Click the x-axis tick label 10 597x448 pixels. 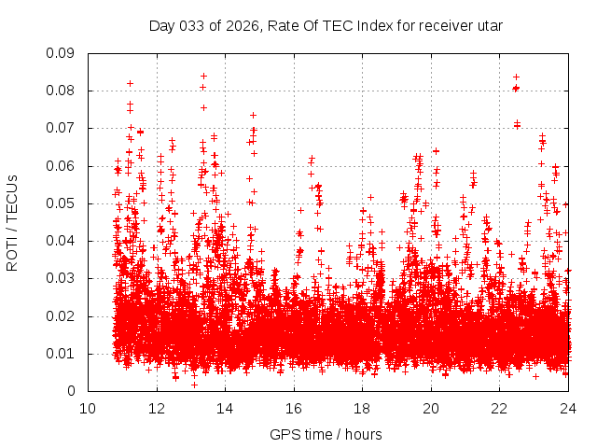(x=88, y=408)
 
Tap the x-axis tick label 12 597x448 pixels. (x=157, y=408)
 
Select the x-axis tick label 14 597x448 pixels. (x=225, y=408)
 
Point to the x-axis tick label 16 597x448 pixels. (x=294, y=408)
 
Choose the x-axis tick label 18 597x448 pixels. (x=362, y=408)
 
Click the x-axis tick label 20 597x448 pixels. (x=431, y=408)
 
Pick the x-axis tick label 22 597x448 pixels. (x=499, y=408)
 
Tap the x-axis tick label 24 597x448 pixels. (x=568, y=408)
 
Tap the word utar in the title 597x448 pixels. (x=490, y=25)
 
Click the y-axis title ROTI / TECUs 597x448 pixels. (x=13, y=222)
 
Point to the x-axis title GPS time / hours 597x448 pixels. (x=326, y=434)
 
